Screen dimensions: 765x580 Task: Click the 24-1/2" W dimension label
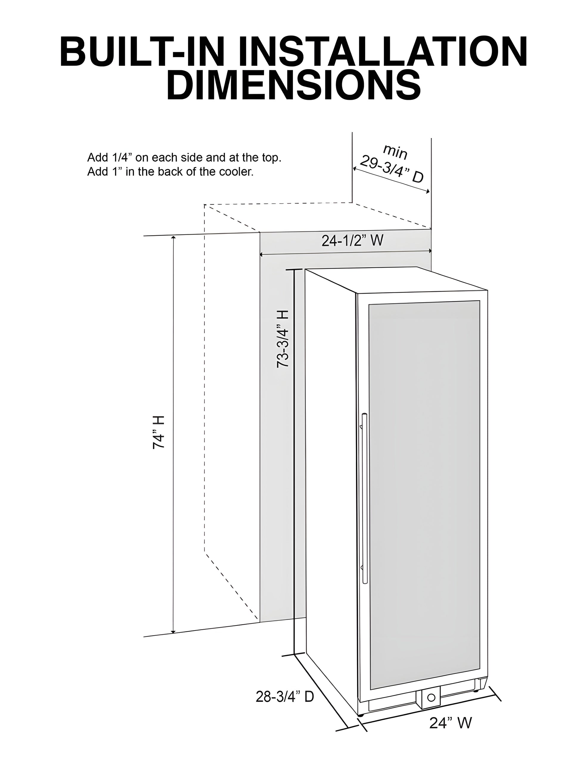(352, 240)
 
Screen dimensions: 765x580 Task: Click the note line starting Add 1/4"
(184, 158)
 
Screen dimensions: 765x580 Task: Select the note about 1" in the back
(170, 172)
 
